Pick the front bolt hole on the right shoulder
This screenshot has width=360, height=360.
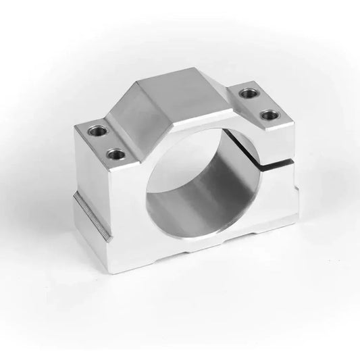[269, 114]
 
